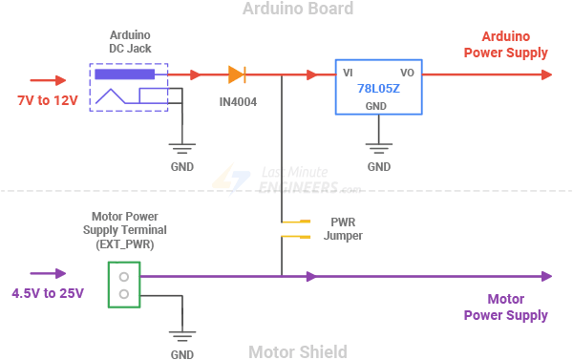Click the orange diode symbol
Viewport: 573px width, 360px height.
pos(237,74)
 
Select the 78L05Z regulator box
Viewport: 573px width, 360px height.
pos(378,88)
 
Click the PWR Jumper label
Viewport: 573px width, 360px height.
pos(343,227)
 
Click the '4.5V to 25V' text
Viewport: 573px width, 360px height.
pos(48,293)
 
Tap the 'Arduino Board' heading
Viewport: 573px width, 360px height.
pos(297,10)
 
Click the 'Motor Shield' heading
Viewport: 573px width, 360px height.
pos(297,351)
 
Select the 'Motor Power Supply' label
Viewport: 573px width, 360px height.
pos(506,307)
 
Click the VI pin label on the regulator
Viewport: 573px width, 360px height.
pos(349,73)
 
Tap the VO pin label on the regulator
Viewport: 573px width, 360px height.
pos(407,73)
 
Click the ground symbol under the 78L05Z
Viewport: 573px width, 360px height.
pos(379,149)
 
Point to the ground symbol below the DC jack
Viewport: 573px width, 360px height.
pos(181,149)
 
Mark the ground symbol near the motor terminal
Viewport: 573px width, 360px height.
pos(181,337)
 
